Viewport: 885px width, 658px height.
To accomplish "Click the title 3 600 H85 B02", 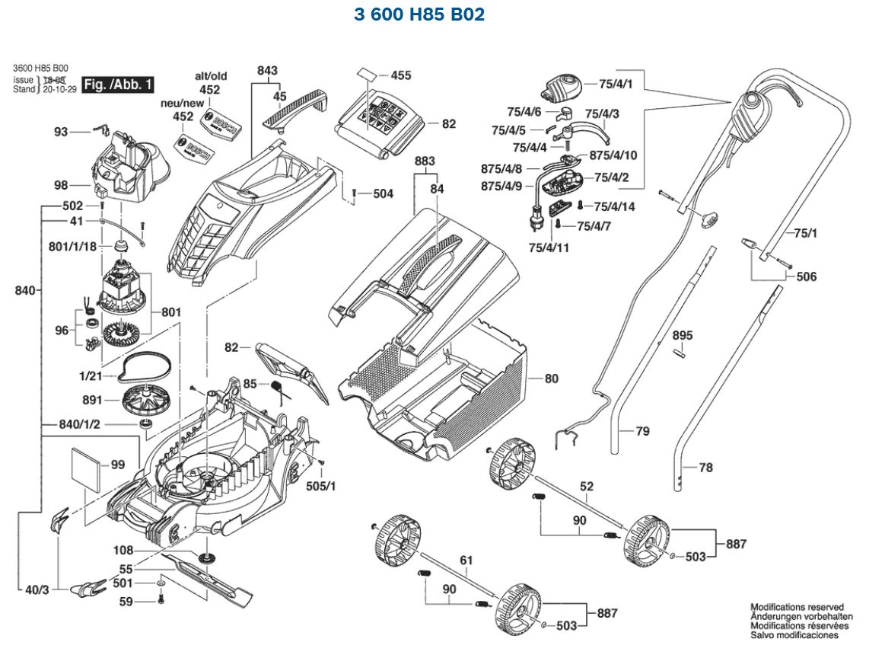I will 419,14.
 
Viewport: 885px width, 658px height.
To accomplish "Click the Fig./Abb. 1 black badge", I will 118,85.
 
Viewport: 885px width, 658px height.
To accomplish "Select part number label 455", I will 400,75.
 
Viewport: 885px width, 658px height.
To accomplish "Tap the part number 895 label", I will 683,335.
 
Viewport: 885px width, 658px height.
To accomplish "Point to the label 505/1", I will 321,485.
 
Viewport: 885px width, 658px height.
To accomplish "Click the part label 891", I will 92,399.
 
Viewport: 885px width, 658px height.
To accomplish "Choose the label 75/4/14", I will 614,206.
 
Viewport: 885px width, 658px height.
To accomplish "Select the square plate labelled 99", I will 86,465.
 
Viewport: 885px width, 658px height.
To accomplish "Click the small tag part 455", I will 367,74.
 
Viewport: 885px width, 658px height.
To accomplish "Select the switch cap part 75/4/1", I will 563,86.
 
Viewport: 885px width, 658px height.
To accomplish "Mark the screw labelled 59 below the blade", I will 161,602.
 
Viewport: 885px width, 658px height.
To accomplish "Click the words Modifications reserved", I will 797,608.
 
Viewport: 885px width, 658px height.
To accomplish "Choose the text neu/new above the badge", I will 182,103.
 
